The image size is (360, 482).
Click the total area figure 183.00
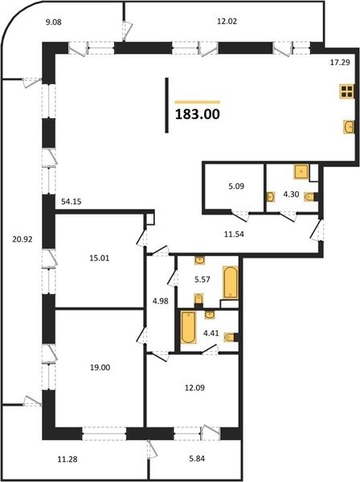(x=198, y=114)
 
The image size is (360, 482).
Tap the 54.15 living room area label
(x=71, y=202)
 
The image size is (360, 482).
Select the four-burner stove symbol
(x=346, y=92)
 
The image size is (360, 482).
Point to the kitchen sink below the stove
(x=348, y=127)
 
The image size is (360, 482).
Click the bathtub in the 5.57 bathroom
(x=231, y=282)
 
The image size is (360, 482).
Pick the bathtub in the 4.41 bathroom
(x=188, y=327)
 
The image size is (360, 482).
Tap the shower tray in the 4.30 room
(x=301, y=172)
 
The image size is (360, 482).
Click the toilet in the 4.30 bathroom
(x=310, y=197)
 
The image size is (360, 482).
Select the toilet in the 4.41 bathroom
(x=231, y=337)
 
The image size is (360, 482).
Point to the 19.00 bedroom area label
(x=100, y=367)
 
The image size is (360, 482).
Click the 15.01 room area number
(x=100, y=258)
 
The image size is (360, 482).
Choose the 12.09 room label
(x=194, y=388)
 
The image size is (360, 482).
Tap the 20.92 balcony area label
(x=22, y=239)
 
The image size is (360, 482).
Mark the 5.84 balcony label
(x=197, y=459)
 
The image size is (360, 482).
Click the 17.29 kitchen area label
(x=340, y=63)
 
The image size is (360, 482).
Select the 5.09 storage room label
(x=236, y=186)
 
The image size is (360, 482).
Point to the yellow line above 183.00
(x=198, y=102)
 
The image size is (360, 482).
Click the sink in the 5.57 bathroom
(x=200, y=260)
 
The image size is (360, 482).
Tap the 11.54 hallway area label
(x=234, y=235)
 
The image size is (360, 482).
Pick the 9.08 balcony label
(x=54, y=22)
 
